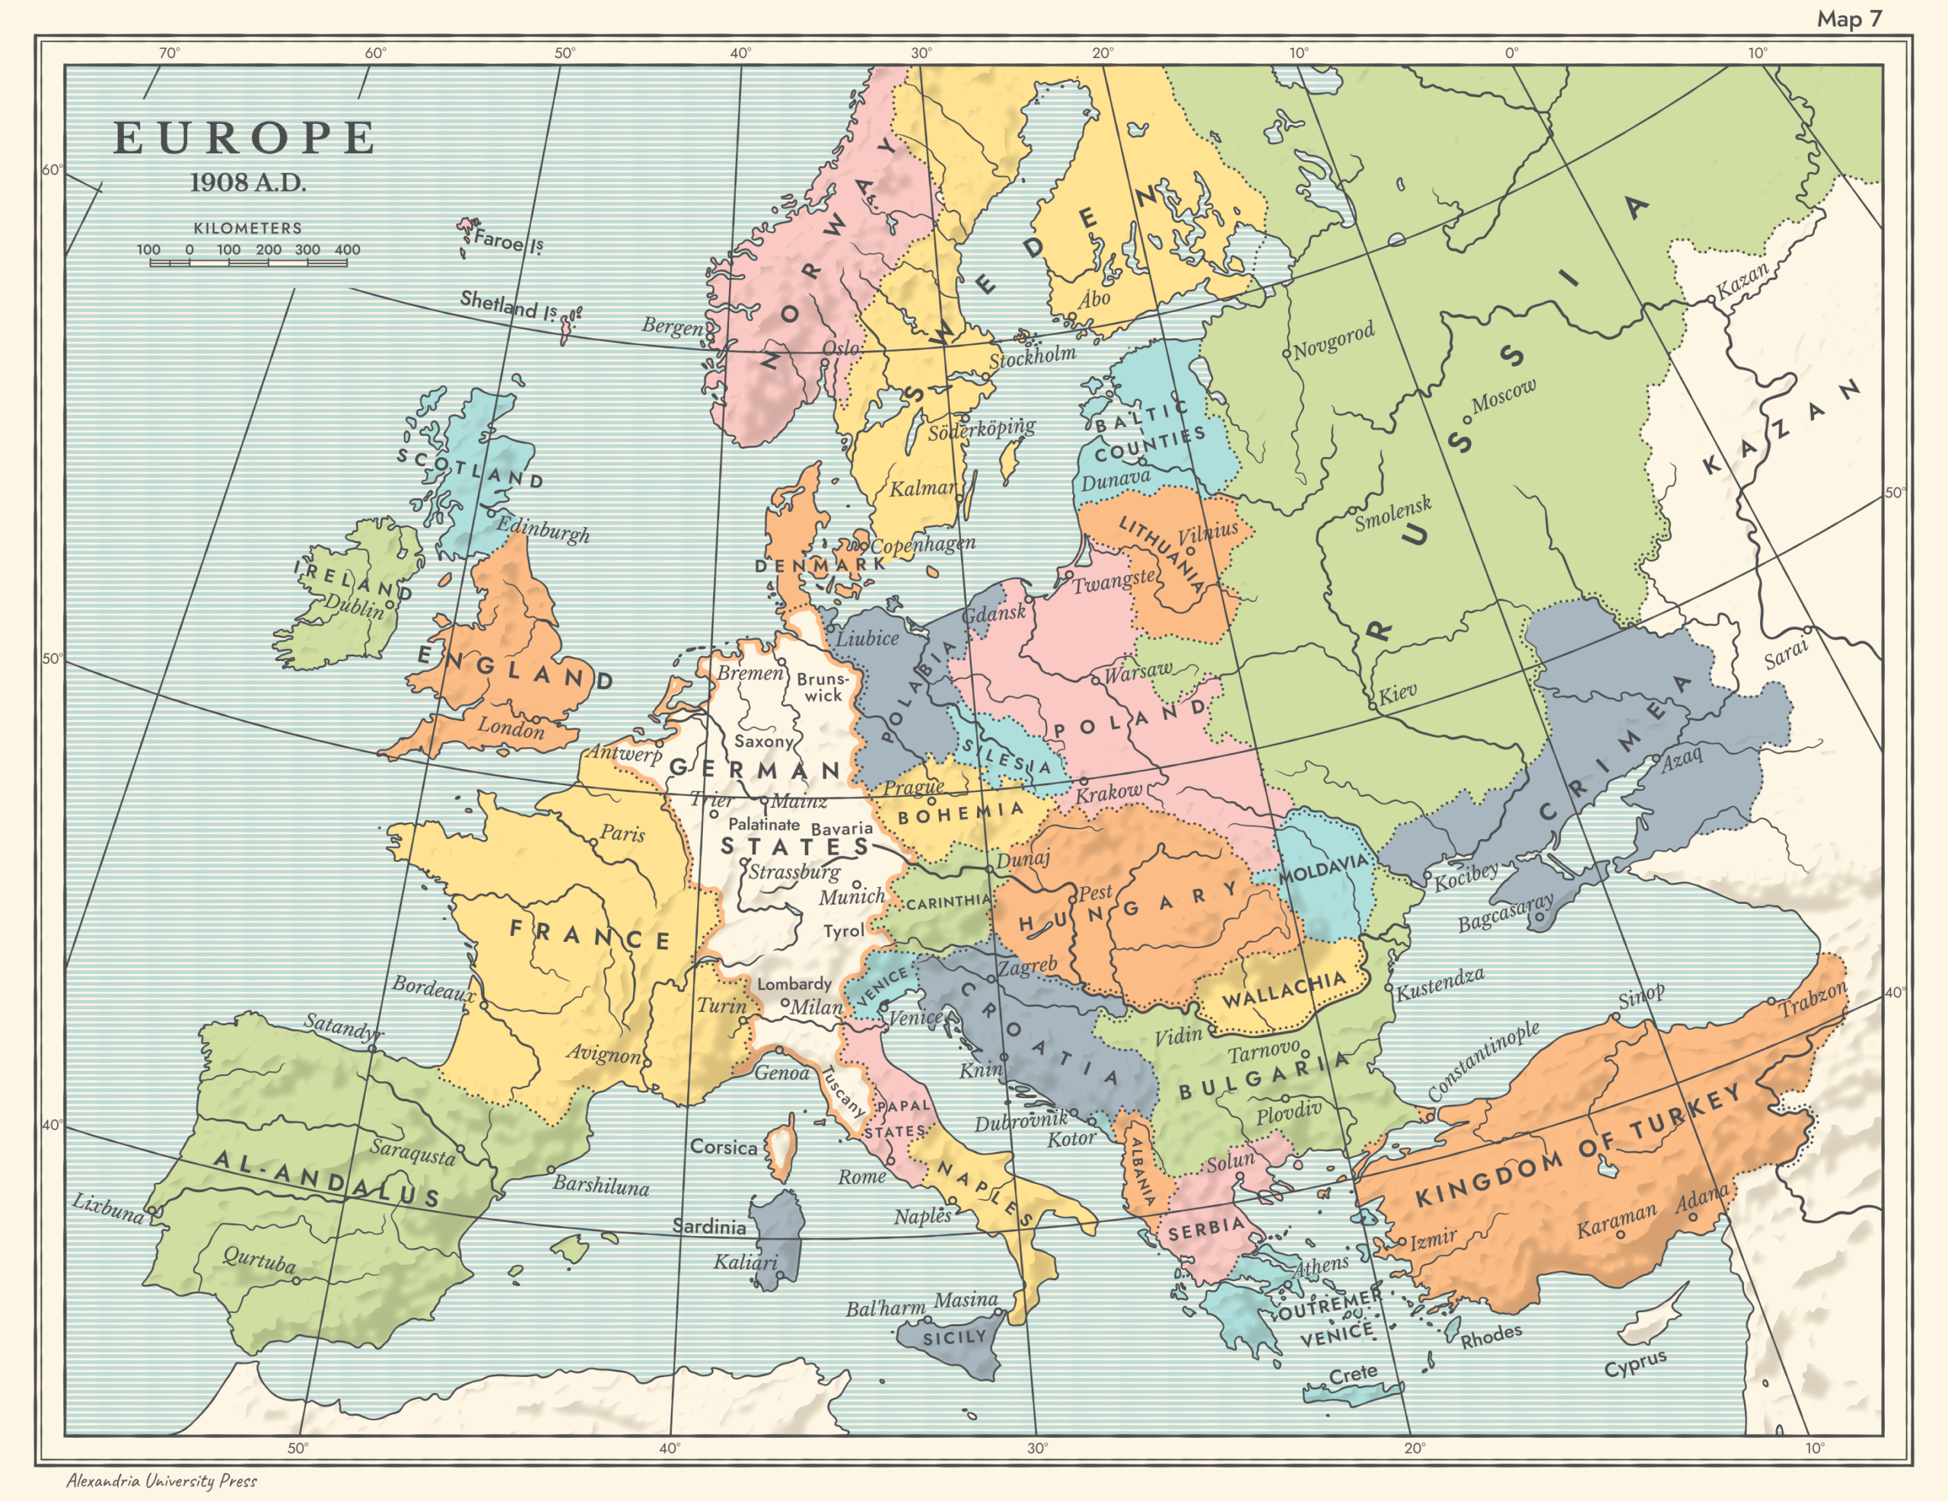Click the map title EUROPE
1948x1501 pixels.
coord(243,139)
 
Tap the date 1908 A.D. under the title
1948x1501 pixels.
coord(247,183)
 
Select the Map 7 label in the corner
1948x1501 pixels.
coord(1849,19)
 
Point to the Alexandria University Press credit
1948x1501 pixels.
coord(161,1480)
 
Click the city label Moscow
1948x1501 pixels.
coord(1504,395)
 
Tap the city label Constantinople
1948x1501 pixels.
coord(1483,1060)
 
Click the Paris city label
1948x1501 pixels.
coord(622,833)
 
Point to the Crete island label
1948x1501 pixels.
coord(1353,1375)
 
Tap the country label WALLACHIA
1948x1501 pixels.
coord(1283,988)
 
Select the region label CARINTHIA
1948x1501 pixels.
coord(948,902)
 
